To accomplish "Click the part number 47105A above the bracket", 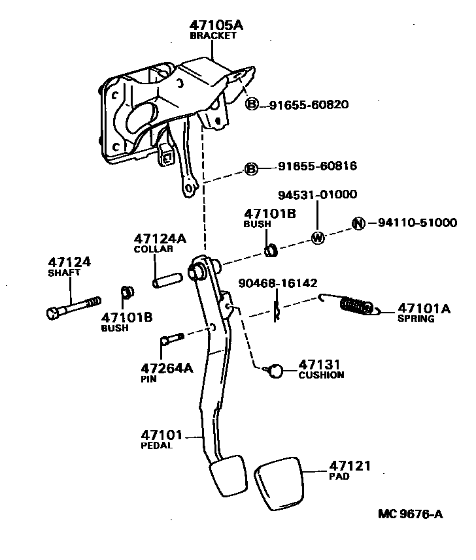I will coord(216,25).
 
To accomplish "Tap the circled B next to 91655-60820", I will coord(252,104).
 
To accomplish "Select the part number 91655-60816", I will coord(312,166).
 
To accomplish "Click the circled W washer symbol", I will coord(317,238).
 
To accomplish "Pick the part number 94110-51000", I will coord(417,223).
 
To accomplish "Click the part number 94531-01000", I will coord(317,194).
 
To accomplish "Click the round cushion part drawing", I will coord(275,371).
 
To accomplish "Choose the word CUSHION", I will coord(321,375).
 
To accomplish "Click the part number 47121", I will coord(350,466).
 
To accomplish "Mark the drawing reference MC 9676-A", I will coord(410,514).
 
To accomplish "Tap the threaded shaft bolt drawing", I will coord(73,307).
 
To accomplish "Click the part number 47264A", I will coord(167,368).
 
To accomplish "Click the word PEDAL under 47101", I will coord(157,446).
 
